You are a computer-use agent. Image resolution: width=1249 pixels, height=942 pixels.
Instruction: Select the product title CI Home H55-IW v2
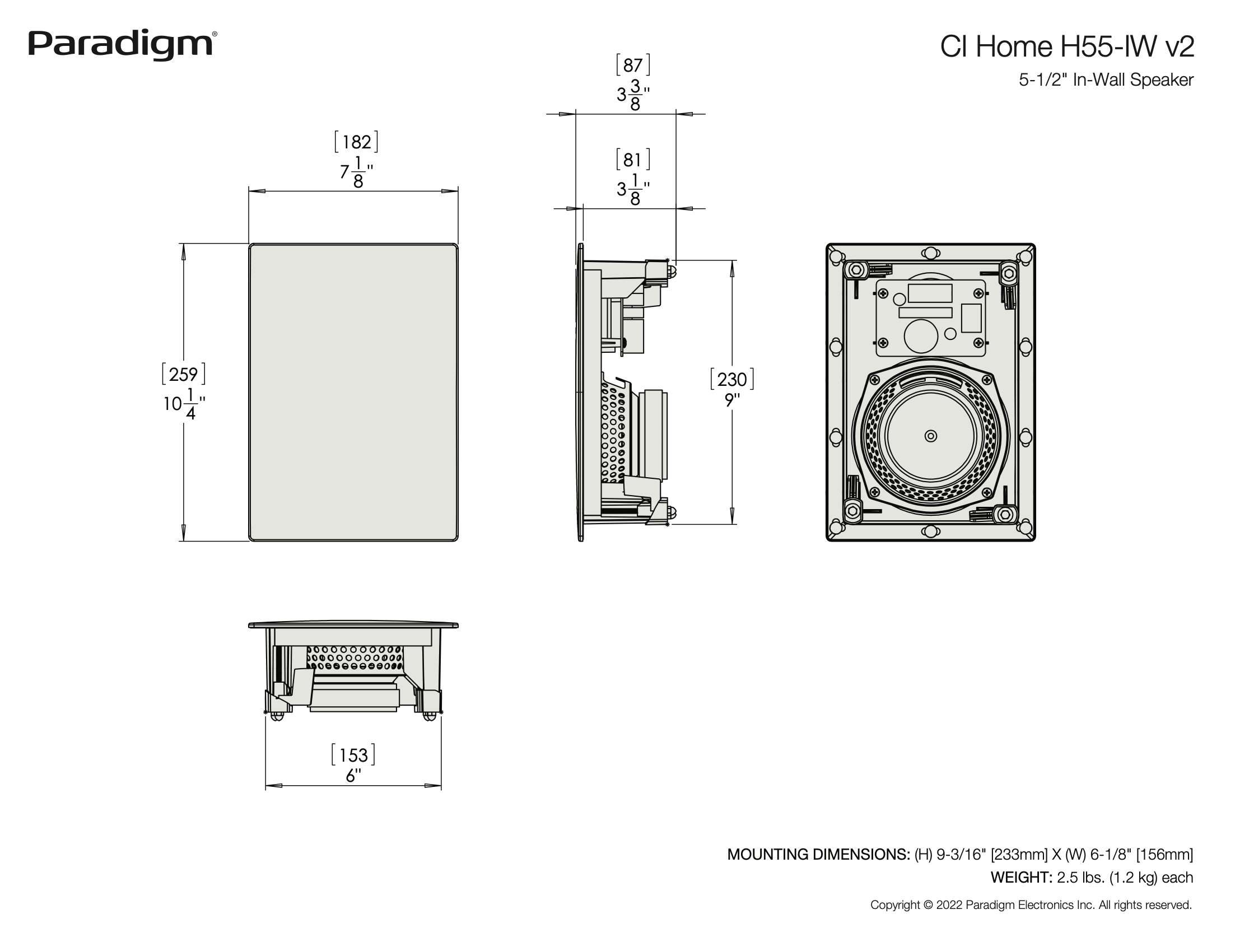pyautogui.click(x=1066, y=46)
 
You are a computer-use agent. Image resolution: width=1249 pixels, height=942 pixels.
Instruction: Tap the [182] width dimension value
pyautogui.click(x=356, y=142)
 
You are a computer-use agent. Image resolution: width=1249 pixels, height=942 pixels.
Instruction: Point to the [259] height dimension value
pyautogui.click(x=184, y=375)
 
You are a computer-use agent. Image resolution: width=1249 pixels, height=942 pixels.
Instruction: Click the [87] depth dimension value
pyautogui.click(x=632, y=66)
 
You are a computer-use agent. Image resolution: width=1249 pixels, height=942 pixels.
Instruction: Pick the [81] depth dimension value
pyautogui.click(x=632, y=160)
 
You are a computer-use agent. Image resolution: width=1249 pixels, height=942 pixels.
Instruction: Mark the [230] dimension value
pyautogui.click(x=732, y=379)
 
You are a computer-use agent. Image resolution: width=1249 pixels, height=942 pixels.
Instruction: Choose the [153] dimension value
pyautogui.click(x=353, y=755)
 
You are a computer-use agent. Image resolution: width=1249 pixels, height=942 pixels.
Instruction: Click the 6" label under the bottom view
pyautogui.click(x=353, y=776)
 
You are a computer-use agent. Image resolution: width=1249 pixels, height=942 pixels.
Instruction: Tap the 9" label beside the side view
pyautogui.click(x=733, y=400)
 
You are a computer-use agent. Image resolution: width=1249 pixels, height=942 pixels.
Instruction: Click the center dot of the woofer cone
pyautogui.click(x=930, y=436)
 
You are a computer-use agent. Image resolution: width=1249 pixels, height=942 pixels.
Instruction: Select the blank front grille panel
pyautogui.click(x=353, y=392)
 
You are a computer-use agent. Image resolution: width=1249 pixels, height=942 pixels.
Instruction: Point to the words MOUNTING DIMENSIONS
pyautogui.click(x=818, y=855)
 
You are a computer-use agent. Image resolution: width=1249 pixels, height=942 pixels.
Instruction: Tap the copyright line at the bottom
pyautogui.click(x=1031, y=904)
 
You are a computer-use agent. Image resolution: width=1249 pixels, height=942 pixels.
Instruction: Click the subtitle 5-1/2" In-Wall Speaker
pyautogui.click(x=1106, y=80)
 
